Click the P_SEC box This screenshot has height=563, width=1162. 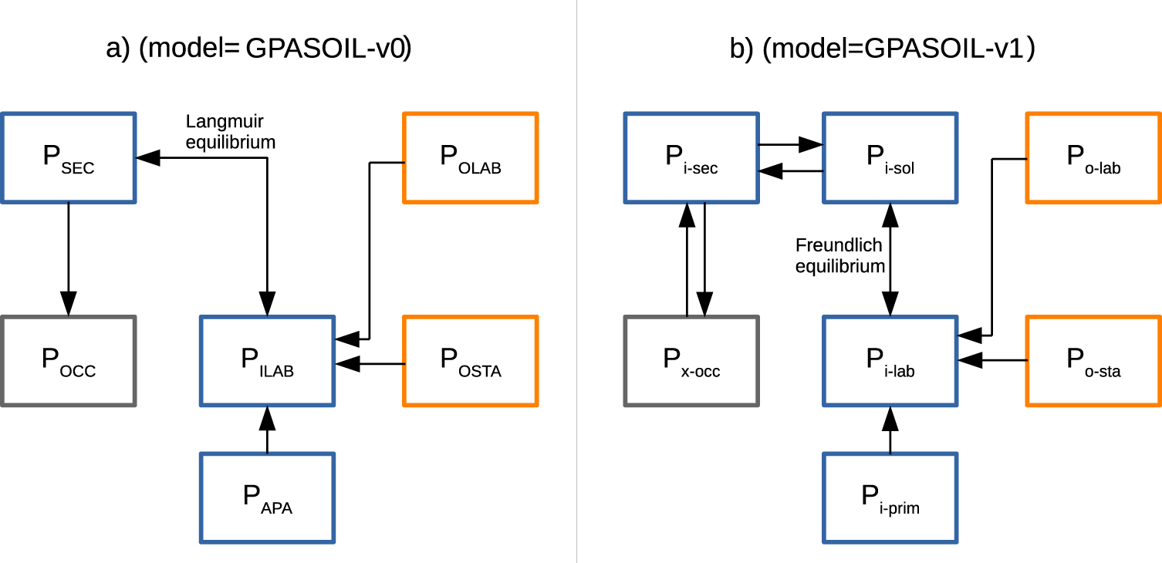tap(69, 158)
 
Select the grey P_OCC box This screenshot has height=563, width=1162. tap(69, 361)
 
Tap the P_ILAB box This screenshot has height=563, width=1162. tap(267, 361)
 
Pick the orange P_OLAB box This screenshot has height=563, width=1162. tap(470, 158)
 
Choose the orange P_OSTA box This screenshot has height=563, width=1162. tap(470, 361)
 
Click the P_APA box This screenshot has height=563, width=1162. tap(267, 497)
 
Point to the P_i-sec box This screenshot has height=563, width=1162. tap(691, 158)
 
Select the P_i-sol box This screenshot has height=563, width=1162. tap(890, 158)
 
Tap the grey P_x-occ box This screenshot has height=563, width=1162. tap(691, 361)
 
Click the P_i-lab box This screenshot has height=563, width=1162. tap(890, 361)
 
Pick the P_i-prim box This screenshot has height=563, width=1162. tap(890, 497)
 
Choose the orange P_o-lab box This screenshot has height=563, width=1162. tap(1093, 158)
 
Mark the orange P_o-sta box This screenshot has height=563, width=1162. tap(1093, 361)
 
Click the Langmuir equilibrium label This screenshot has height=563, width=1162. tap(230, 132)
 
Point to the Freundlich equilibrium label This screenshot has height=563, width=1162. tap(839, 256)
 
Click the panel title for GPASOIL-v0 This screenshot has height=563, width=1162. tap(258, 49)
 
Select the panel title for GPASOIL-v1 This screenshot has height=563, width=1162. tap(882, 49)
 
